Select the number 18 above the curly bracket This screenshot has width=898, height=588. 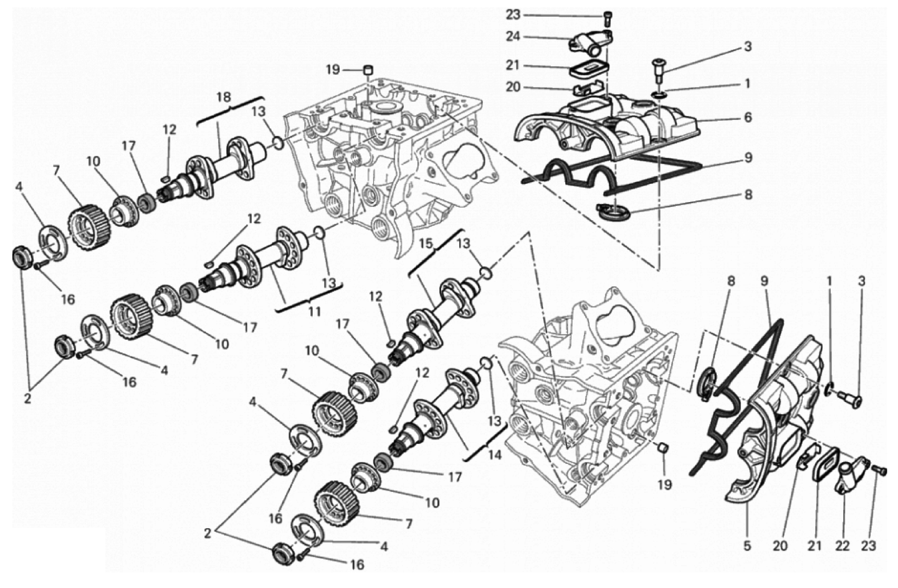point(224,97)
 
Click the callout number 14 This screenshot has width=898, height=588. point(495,455)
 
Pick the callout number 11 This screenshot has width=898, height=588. point(314,311)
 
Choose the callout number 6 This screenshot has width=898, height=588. point(748,117)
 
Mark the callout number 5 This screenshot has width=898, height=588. point(747,546)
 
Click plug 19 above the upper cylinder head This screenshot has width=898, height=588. point(368,70)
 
